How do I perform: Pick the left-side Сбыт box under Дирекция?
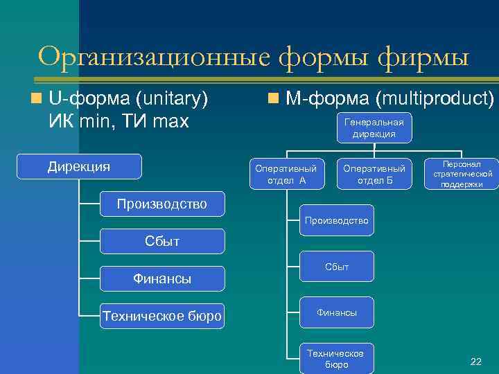[162, 241]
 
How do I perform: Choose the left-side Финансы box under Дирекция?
[162, 278]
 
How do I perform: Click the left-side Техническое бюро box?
[162, 317]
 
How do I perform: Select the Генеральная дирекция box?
[374, 128]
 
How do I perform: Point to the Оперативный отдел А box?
[286, 175]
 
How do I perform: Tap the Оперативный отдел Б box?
[374, 175]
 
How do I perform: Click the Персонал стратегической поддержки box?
[462, 175]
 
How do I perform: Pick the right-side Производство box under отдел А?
[337, 221]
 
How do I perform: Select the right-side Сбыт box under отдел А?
[337, 267]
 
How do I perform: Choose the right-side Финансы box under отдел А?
[337, 312]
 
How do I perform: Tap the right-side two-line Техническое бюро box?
[337, 359]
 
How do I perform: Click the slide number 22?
[475, 361]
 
